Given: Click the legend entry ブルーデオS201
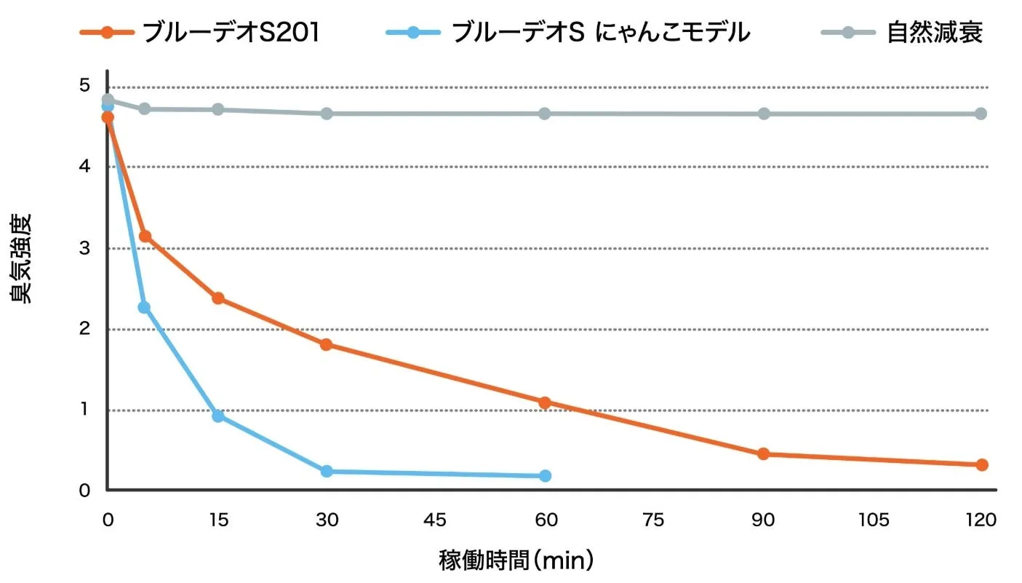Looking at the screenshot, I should (230, 33).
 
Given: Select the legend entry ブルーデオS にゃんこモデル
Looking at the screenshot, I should (600, 33).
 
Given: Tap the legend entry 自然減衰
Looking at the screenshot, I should (935, 33).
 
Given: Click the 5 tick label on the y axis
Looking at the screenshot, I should (85, 86).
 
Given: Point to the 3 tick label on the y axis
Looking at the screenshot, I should (85, 248).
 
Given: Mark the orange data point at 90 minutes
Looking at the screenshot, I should (763, 454).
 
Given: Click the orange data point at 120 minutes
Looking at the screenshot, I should (981, 464).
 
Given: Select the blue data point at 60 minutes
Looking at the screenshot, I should (545, 476).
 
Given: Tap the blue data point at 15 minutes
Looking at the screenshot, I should (217, 416).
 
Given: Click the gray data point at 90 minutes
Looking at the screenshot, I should (764, 114).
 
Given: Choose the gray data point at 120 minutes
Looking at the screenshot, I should (981, 114).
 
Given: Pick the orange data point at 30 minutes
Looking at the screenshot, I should (327, 344).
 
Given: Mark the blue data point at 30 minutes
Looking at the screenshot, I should (327, 472).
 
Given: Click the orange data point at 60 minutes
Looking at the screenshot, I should (545, 402).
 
